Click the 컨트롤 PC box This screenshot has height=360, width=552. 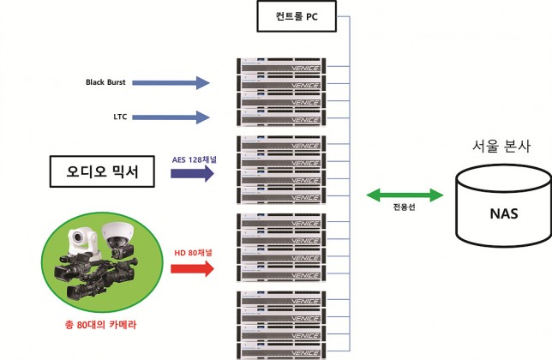297,16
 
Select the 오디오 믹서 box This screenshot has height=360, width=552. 102,171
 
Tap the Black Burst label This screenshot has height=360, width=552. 105,82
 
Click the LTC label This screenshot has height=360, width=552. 120,117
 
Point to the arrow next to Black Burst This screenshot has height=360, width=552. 171,82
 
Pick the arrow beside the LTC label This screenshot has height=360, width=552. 171,117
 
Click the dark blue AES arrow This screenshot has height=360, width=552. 192,173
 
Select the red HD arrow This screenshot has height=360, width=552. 192,269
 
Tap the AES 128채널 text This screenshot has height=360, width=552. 195,159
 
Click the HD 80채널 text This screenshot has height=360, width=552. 193,253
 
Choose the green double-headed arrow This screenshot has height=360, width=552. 405,195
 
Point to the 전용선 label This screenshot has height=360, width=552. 405,207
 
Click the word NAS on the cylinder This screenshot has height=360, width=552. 504,213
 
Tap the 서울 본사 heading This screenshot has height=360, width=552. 501,146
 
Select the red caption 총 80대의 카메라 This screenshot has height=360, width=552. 100,325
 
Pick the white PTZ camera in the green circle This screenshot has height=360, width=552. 83,242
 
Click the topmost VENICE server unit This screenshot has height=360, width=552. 281,66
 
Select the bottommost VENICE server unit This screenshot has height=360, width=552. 281,351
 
